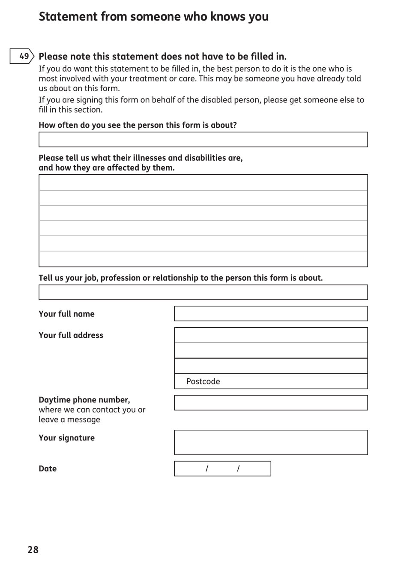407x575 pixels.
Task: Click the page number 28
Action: click(33, 550)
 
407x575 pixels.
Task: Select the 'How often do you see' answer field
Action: click(203, 140)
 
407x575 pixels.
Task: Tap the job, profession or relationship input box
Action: click(203, 292)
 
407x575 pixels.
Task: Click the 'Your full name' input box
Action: click(271, 314)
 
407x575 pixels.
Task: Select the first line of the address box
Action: click(271, 335)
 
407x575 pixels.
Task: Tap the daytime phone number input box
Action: click(271, 403)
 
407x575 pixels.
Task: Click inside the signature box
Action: click(271, 442)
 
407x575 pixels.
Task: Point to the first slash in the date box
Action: click(207, 469)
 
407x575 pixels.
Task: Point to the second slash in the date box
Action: click(238, 469)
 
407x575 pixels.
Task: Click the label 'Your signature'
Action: click(66, 438)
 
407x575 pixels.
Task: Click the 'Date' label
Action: click(48, 469)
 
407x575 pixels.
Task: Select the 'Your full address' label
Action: click(71, 335)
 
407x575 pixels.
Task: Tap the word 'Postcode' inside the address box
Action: click(203, 381)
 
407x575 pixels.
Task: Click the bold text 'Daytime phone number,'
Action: click(84, 400)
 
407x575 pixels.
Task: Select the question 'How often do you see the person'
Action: click(138, 125)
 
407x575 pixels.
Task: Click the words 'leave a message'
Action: click(69, 419)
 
